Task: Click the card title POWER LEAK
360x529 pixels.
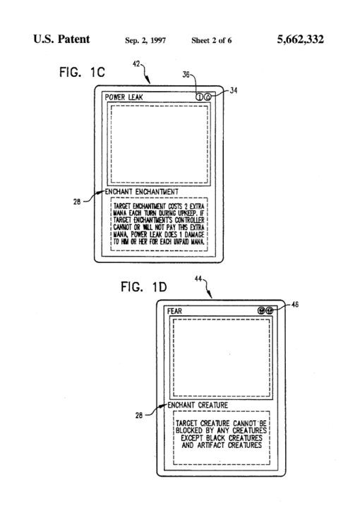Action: pyautogui.click(x=126, y=97)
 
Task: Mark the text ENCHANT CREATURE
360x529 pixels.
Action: pyautogui.click(x=197, y=406)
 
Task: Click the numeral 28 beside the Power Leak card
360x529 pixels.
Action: pyautogui.click(x=87, y=200)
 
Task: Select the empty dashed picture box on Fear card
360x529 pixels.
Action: pyautogui.click(x=222, y=357)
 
